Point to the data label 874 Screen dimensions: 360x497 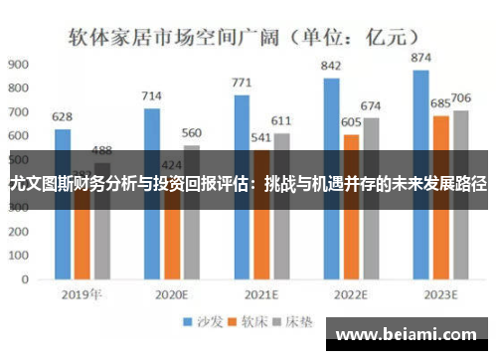tap(421, 59)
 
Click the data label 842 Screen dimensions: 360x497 tap(332, 66)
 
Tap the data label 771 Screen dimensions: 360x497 tap(242, 83)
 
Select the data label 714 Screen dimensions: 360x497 tap(151, 95)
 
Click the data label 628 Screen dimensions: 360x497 tap(63, 116)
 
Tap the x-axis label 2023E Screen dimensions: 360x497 tap(439, 294)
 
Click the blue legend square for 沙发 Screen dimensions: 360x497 tap(186, 322)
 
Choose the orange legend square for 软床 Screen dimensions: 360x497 tap(236, 322)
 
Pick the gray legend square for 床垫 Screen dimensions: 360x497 tap(282, 322)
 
